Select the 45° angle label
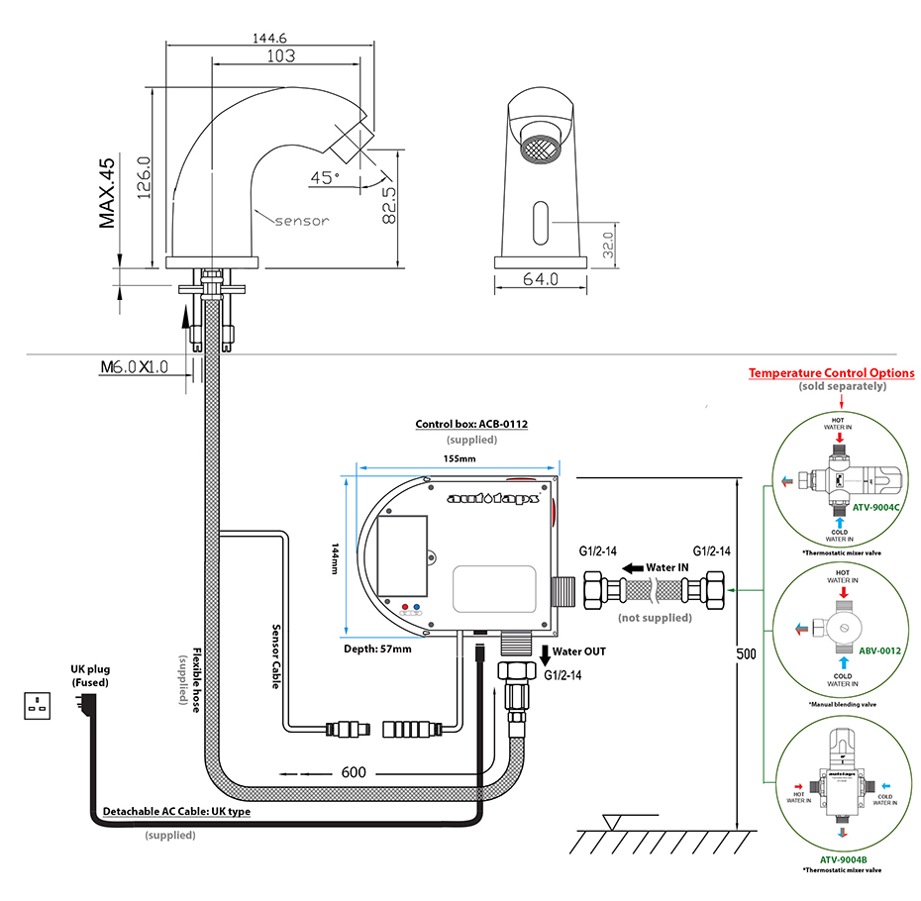[324, 177]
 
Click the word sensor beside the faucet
[301, 220]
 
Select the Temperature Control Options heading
[831, 373]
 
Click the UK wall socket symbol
[38, 706]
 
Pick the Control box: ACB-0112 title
[471, 424]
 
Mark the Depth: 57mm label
[377, 649]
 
